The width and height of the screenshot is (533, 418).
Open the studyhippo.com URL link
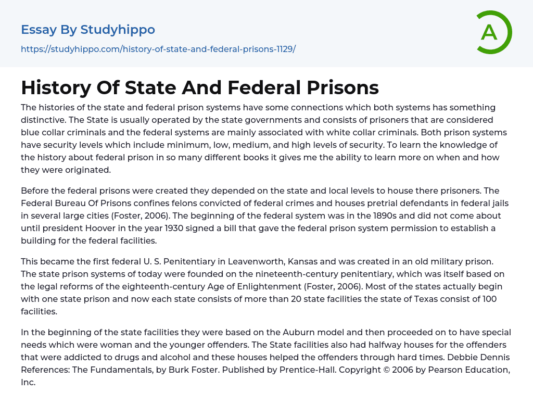tap(158, 49)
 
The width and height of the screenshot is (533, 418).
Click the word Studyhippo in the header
tap(118, 30)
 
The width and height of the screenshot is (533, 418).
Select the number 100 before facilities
tap(489, 299)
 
